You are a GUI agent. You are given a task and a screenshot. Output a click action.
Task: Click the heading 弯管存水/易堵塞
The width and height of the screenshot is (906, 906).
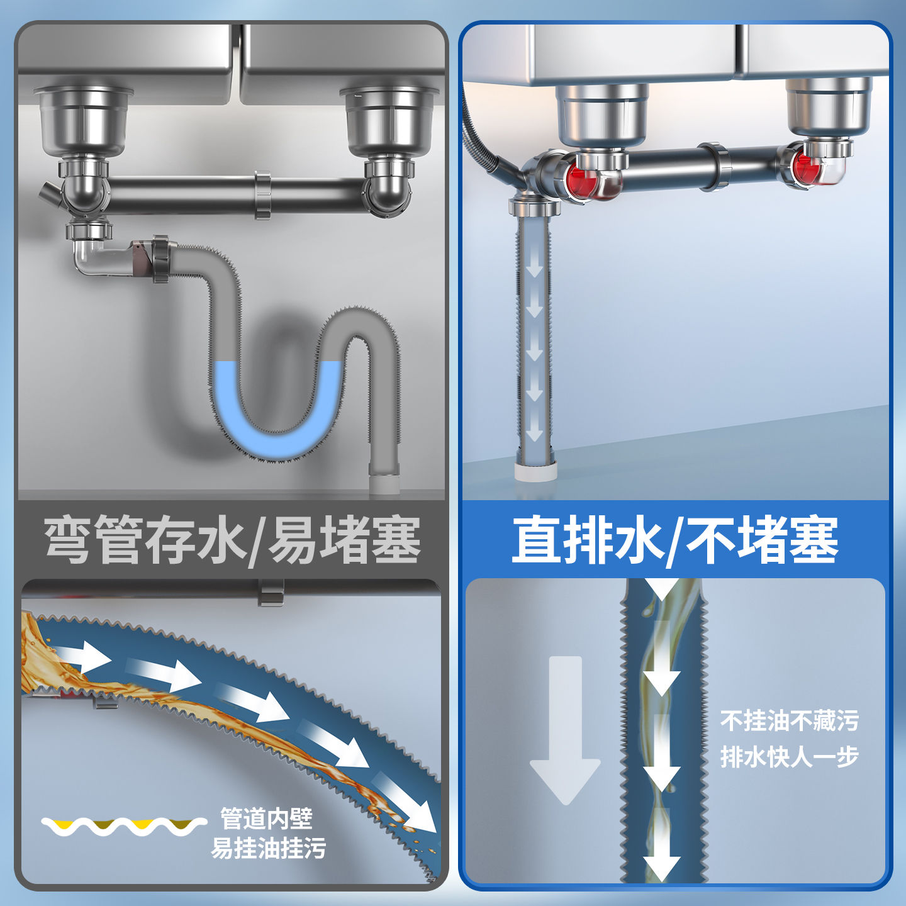tap(232, 540)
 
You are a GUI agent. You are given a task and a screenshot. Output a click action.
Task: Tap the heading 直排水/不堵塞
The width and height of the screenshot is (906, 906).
tap(674, 540)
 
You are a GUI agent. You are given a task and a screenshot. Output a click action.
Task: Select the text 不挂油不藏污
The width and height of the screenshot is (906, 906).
tap(789, 721)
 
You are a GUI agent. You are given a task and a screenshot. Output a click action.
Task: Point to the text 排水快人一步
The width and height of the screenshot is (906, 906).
tap(789, 757)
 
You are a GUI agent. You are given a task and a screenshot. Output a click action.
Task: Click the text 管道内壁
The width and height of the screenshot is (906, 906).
tap(266, 819)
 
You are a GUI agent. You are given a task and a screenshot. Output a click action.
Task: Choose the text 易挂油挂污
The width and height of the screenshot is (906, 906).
tap(269, 848)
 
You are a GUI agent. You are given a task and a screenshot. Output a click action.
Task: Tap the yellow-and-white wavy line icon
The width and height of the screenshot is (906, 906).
tap(123, 825)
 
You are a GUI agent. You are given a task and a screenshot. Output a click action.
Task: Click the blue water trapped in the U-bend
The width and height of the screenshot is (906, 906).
tap(277, 415)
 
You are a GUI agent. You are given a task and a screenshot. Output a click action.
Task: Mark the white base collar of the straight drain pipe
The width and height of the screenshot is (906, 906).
tap(535, 472)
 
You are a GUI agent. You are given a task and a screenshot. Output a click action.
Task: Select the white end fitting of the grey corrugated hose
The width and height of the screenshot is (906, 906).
tap(384, 483)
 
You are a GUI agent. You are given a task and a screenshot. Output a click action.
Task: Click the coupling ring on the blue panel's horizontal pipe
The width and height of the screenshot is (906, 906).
tap(714, 167)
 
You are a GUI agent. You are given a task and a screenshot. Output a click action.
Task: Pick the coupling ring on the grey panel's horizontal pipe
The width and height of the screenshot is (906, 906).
tap(263, 195)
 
